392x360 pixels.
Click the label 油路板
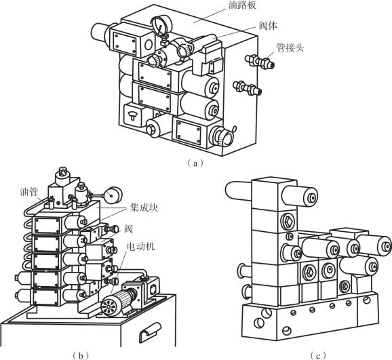(242, 5)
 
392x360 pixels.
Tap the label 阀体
(269, 26)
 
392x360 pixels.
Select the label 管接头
(290, 47)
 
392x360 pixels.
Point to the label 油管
(28, 192)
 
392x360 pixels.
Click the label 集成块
(144, 207)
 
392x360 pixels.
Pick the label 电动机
(141, 247)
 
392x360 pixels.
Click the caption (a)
(195, 163)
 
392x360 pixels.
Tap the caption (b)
(80, 355)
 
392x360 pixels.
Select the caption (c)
(318, 355)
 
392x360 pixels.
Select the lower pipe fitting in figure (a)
(248, 87)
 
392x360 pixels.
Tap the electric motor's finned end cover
(109, 305)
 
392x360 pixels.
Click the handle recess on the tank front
(150, 329)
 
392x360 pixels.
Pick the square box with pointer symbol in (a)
(132, 115)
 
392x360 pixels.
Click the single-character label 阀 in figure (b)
(128, 229)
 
